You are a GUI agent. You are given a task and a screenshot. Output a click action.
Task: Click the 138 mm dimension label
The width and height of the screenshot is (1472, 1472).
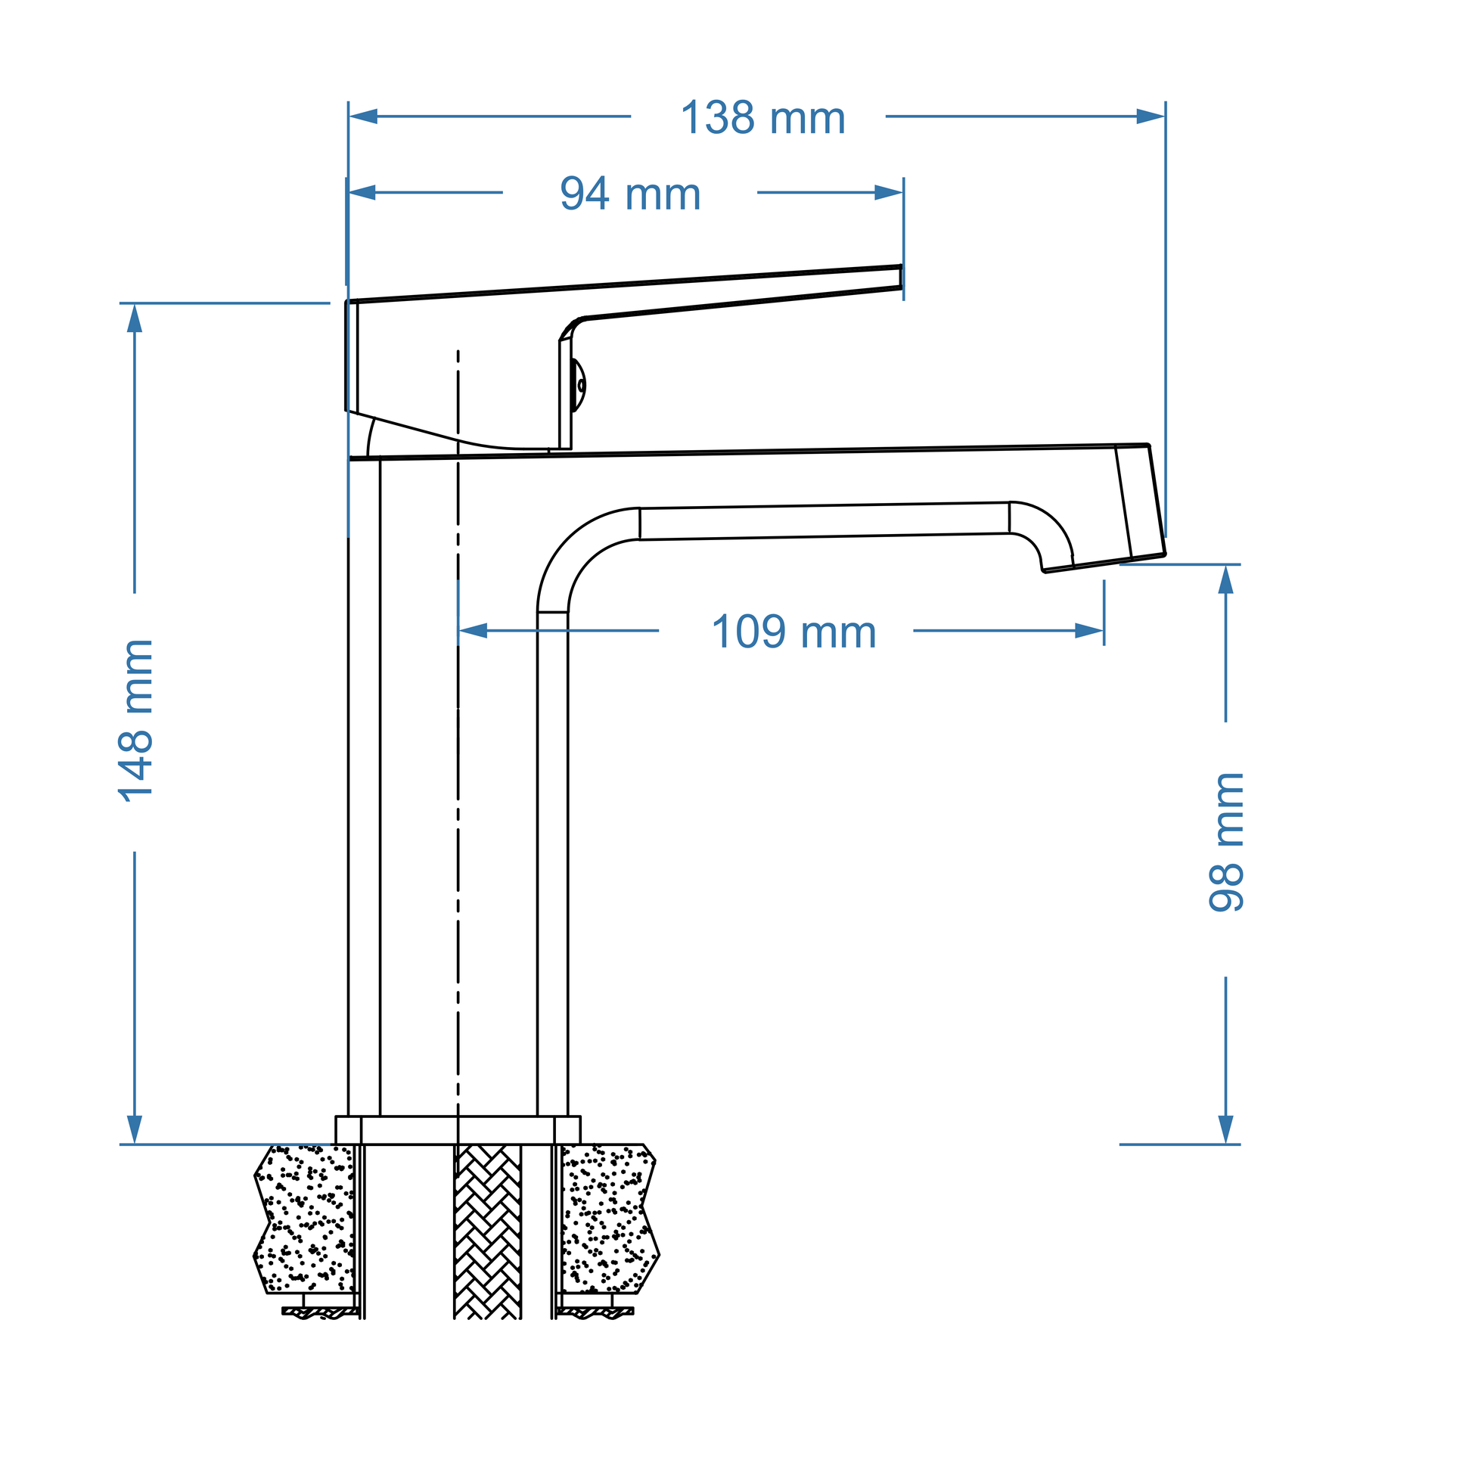(762, 118)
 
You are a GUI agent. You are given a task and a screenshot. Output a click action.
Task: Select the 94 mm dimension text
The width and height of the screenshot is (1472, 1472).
(630, 194)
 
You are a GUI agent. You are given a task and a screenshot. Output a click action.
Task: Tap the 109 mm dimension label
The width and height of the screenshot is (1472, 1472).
(794, 632)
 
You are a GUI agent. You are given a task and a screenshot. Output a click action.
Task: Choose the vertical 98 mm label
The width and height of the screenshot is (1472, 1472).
(1227, 842)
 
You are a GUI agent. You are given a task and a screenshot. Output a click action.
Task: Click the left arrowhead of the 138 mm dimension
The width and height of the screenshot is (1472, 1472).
(363, 116)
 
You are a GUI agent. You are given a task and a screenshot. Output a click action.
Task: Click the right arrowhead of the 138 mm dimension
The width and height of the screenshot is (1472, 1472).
(1151, 116)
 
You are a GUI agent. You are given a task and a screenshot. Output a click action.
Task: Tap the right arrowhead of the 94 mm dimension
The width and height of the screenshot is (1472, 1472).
(888, 193)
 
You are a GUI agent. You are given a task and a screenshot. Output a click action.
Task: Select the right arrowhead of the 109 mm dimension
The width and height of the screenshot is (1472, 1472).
(1089, 631)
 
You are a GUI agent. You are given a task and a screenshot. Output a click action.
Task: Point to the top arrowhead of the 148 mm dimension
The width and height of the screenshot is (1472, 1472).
(135, 318)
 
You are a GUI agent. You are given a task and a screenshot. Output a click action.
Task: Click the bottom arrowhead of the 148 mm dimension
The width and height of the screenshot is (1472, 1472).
(135, 1130)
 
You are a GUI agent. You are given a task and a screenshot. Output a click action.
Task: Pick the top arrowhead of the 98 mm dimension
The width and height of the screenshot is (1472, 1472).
(1226, 580)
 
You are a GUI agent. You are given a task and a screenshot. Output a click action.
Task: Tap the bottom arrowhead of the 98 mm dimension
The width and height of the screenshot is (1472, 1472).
(1226, 1130)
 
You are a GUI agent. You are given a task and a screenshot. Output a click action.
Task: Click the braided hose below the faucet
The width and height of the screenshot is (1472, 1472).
(488, 1232)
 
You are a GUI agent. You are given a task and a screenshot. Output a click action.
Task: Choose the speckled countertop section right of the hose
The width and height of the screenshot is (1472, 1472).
(610, 1219)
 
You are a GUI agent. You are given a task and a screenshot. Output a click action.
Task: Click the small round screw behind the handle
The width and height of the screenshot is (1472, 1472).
(582, 386)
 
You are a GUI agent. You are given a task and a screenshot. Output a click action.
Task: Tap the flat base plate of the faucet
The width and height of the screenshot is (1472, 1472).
(458, 1131)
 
